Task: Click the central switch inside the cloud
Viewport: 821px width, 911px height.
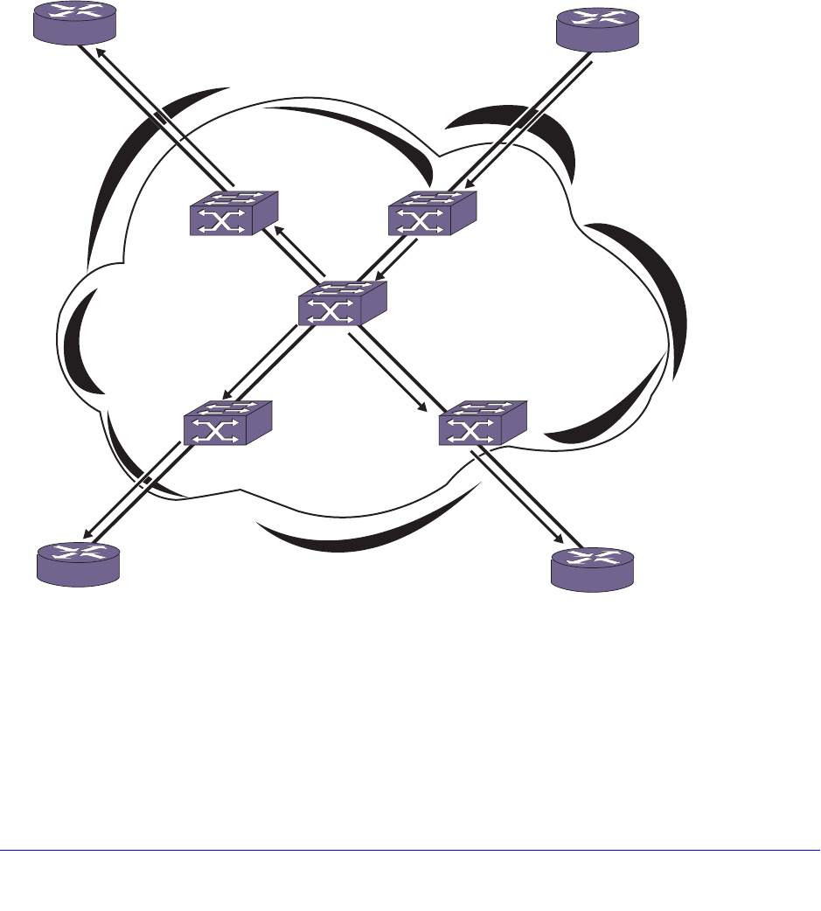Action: [x=341, y=304]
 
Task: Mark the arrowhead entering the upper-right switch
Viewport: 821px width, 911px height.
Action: [x=469, y=185]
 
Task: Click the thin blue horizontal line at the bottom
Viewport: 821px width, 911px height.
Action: [x=410, y=850]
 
